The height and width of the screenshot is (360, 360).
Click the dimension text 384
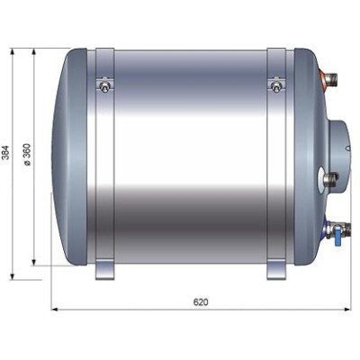[7, 155]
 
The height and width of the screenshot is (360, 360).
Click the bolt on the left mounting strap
[105, 86]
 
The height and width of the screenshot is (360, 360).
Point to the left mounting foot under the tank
[104, 270]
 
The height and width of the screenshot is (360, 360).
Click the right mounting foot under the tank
[274, 270]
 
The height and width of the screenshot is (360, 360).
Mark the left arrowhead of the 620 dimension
[53, 310]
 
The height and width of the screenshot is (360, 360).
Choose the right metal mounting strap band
[274, 162]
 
